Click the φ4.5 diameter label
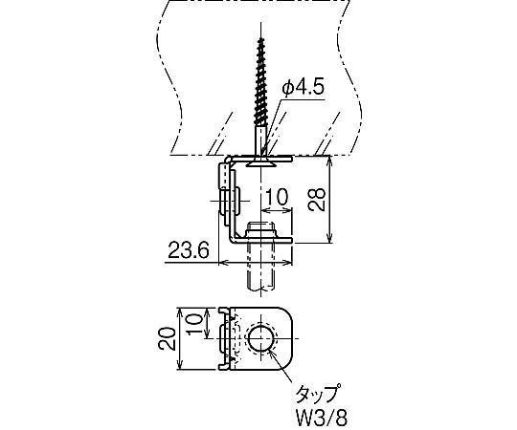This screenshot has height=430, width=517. click(x=303, y=89)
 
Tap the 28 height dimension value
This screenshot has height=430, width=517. click(x=316, y=200)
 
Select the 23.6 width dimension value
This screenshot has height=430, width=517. click(x=189, y=250)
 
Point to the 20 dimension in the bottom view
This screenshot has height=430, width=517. click(x=167, y=339)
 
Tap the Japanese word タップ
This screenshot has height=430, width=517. click(x=317, y=394)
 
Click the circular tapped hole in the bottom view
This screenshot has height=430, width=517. click(x=261, y=339)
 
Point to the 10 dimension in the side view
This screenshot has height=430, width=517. click(x=277, y=198)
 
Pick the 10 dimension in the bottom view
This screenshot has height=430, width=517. click(x=193, y=323)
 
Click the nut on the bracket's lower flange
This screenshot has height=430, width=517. click(x=261, y=230)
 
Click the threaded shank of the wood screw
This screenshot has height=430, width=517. click(x=261, y=82)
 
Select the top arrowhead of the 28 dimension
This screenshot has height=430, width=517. click(x=329, y=161)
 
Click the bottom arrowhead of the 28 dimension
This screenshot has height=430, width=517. click(x=329, y=238)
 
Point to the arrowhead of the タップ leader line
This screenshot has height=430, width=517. click(x=271, y=353)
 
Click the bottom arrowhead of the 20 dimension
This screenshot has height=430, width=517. click(x=179, y=365)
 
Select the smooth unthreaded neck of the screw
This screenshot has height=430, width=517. click(x=261, y=140)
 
